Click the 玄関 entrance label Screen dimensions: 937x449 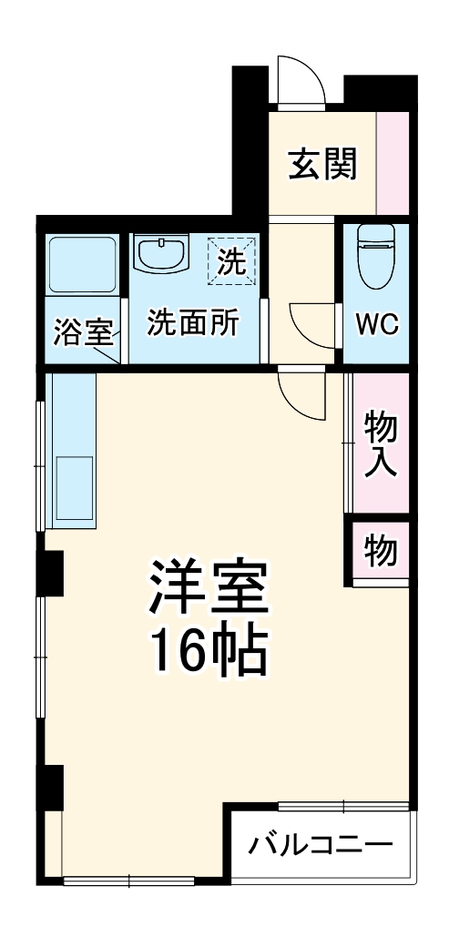point(322,164)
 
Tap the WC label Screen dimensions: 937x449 point(376,325)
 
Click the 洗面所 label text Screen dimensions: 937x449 point(193,323)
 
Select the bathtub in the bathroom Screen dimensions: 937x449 point(82,265)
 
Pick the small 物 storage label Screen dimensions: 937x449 point(380,549)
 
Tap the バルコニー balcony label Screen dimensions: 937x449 point(321,845)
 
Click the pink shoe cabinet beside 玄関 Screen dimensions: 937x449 point(393,162)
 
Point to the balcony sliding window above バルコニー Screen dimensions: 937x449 point(344,805)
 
